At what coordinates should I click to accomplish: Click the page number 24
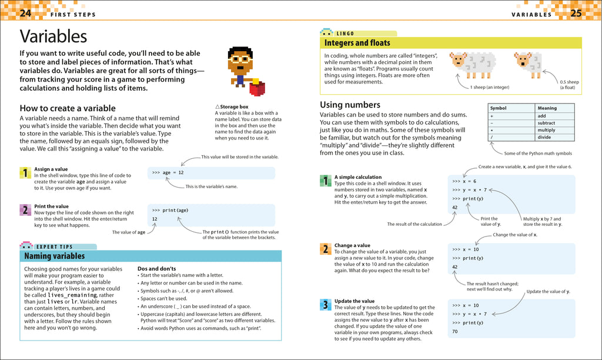25,13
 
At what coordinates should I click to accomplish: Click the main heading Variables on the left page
53,36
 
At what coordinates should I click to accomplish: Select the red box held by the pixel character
257,89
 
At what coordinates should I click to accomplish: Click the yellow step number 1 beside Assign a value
25,173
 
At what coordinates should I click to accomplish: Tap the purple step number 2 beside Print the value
25,210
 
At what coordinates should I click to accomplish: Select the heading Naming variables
54,256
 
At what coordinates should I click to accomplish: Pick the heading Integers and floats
357,43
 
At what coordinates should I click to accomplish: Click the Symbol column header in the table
499,108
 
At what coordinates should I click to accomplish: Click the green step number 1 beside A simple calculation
325,181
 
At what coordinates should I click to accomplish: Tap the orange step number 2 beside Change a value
325,249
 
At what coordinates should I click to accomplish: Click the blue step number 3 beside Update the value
325,305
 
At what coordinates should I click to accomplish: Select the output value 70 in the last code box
455,332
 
